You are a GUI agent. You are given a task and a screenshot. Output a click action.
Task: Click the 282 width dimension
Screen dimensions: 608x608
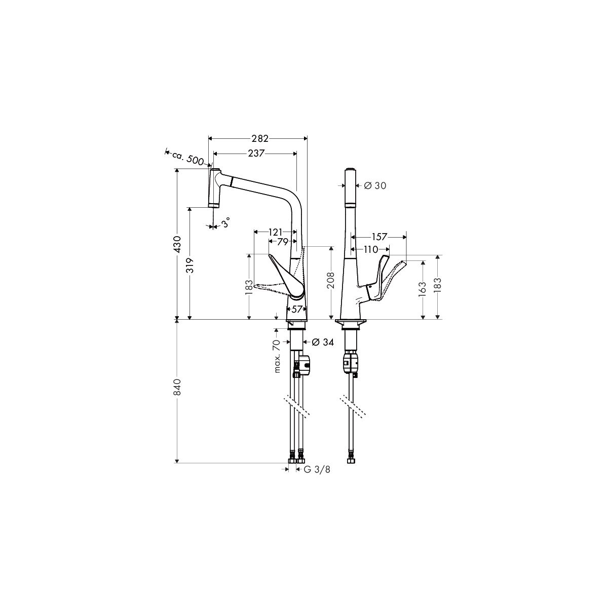(260, 138)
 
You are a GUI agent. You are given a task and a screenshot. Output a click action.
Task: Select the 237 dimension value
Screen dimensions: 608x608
(255, 154)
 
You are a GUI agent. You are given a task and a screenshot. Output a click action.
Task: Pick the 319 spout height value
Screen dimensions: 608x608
(191, 265)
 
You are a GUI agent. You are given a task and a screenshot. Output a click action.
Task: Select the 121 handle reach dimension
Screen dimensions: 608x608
(275, 233)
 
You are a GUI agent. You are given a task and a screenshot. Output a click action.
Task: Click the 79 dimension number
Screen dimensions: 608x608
(283, 242)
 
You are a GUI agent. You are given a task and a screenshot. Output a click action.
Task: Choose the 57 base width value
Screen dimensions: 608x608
(296, 310)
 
